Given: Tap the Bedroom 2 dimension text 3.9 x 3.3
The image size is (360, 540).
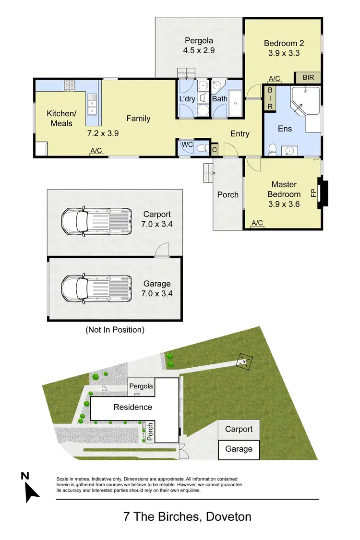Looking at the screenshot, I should tap(284, 53).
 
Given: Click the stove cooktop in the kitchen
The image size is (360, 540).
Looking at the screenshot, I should tap(70, 85).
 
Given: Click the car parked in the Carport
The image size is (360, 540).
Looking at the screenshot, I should tap(96, 220).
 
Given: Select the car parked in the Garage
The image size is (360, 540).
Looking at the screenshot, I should tap(96, 289).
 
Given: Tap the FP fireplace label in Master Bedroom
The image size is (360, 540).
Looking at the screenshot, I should tap(313, 193).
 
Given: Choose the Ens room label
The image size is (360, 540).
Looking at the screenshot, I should tap(285, 128).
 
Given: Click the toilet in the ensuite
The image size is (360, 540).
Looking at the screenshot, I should tap(272, 149).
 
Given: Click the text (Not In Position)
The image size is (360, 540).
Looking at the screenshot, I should tap(115, 330).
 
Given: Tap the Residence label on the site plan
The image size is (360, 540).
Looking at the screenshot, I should tap(132, 407).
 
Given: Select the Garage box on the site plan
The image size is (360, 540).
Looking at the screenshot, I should tap(239, 449).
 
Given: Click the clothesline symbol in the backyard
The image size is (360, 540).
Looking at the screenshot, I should tap(245, 362).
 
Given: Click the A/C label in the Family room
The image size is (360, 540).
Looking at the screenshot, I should tap(96, 151).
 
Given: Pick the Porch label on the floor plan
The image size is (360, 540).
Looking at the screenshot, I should tap(228, 194).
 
